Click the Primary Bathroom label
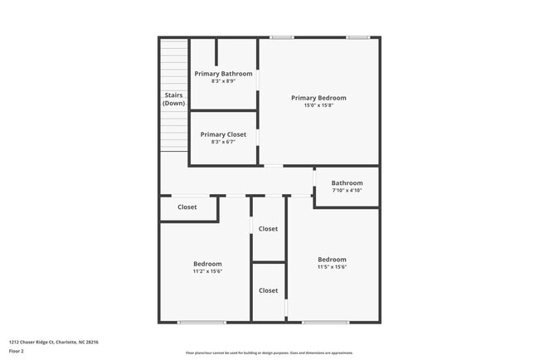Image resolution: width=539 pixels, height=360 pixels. (223, 74)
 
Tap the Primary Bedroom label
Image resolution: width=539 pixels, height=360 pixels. (318, 98)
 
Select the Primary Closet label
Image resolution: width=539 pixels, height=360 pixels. (223, 134)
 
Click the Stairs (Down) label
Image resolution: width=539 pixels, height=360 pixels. (173, 100)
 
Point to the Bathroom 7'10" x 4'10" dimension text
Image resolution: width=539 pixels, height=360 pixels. (347, 191)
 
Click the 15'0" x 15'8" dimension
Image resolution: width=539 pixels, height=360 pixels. (318, 105)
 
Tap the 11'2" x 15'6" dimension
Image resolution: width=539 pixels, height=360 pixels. (207, 271)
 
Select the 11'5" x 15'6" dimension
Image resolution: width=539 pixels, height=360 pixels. (332, 266)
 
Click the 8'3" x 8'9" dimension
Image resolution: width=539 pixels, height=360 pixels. (223, 81)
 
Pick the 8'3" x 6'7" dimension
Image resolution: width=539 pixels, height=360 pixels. (223, 142)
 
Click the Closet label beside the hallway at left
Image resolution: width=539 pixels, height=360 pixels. (187, 207)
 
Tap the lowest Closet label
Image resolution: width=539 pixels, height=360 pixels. (268, 290)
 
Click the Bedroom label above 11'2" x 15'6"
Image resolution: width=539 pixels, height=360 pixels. (207, 264)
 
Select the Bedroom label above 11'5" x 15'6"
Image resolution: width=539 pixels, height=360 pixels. (332, 259)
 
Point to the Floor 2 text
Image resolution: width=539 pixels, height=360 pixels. (17, 351)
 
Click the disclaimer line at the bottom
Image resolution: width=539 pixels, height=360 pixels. (269, 352)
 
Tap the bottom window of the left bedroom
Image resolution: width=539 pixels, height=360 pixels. (202, 322)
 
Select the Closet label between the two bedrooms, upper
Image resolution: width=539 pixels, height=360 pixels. (268, 228)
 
